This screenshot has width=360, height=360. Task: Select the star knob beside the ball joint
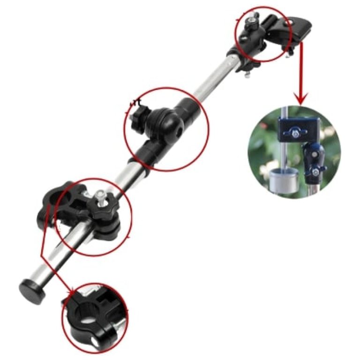[x=138, y=112]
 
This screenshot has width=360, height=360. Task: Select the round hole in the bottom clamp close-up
[x=88, y=313]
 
